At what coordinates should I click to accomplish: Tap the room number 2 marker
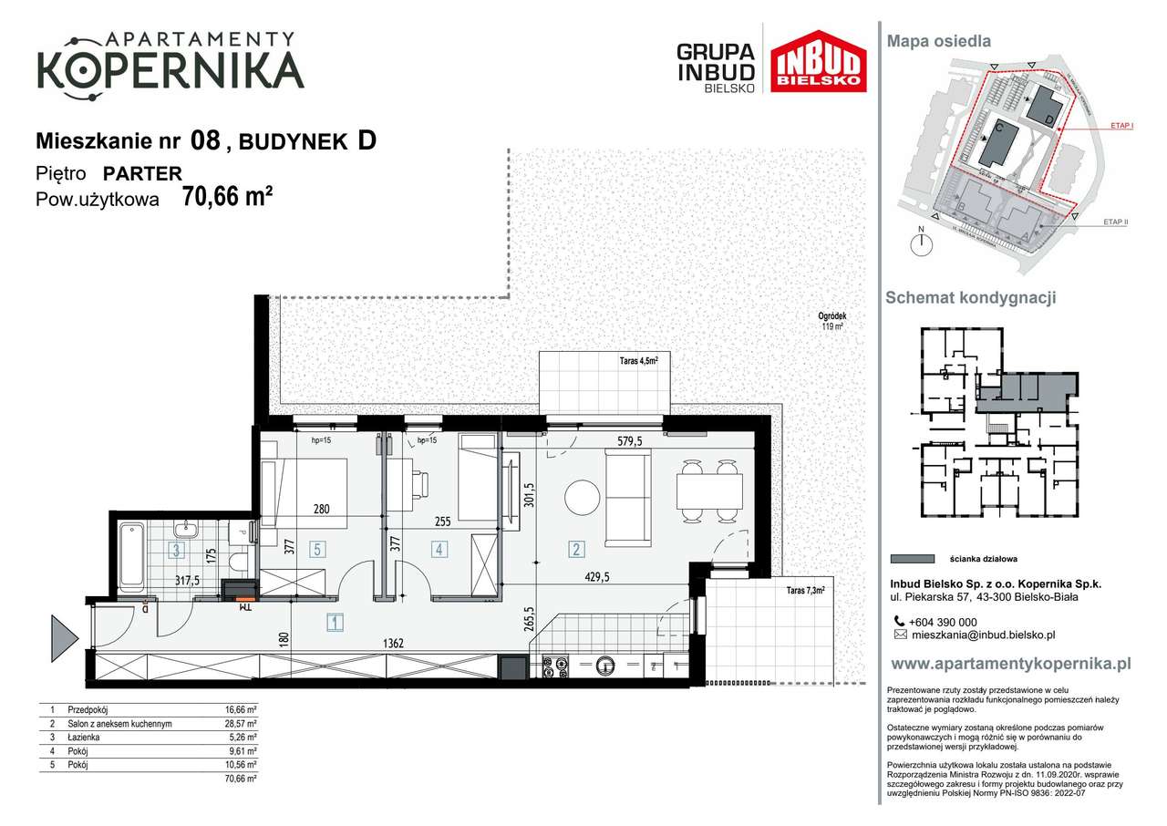pyautogui.click(x=576, y=549)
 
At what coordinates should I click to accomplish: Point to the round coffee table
pyautogui.click(x=583, y=498)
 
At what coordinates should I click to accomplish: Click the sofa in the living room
pyautogui.click(x=628, y=497)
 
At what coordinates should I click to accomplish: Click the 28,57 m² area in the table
pyautogui.click(x=240, y=724)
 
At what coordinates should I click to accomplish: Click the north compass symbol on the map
pyautogui.click(x=923, y=243)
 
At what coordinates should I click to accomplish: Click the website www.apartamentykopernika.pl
pyautogui.click(x=1010, y=664)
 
